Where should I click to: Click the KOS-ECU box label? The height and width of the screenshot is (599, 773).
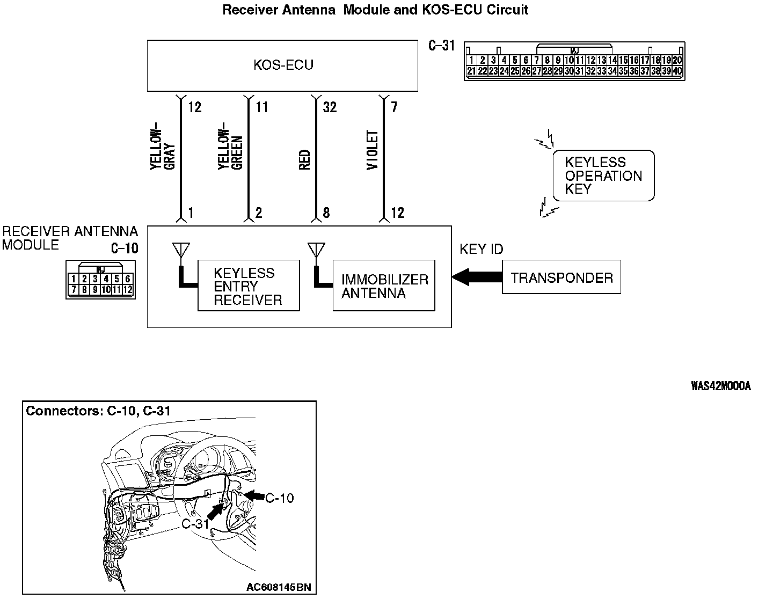(x=283, y=65)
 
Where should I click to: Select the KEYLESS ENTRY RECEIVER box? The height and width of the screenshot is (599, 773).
(x=248, y=286)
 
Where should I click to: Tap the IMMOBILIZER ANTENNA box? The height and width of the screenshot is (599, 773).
(x=384, y=286)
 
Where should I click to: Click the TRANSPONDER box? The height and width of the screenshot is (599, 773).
(x=561, y=277)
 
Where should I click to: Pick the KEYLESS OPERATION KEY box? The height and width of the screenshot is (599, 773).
(x=603, y=176)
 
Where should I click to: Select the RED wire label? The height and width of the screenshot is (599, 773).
(x=304, y=160)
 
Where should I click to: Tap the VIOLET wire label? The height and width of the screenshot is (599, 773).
(x=373, y=151)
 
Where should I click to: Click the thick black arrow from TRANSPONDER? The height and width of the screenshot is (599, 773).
(x=477, y=277)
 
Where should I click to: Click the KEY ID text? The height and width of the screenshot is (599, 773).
(x=482, y=249)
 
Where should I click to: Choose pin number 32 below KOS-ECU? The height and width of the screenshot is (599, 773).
(x=330, y=107)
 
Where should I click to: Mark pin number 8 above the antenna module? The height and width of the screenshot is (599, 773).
(x=326, y=213)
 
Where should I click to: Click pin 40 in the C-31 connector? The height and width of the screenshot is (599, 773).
(x=677, y=71)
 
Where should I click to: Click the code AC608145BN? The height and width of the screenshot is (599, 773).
(x=275, y=586)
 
